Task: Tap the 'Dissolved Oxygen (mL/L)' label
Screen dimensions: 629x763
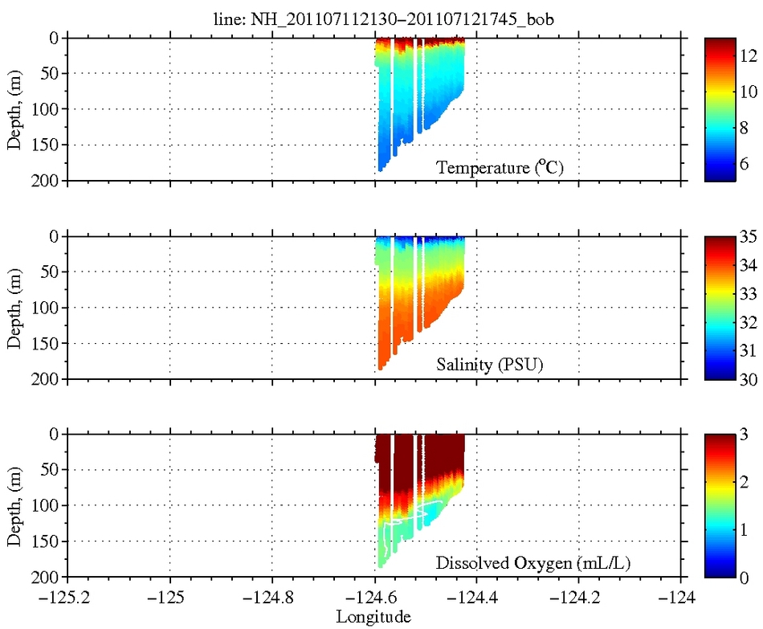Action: click(x=532, y=563)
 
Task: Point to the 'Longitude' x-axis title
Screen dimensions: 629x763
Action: click(x=373, y=617)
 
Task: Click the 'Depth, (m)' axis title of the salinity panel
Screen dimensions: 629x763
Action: click(x=14, y=308)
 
